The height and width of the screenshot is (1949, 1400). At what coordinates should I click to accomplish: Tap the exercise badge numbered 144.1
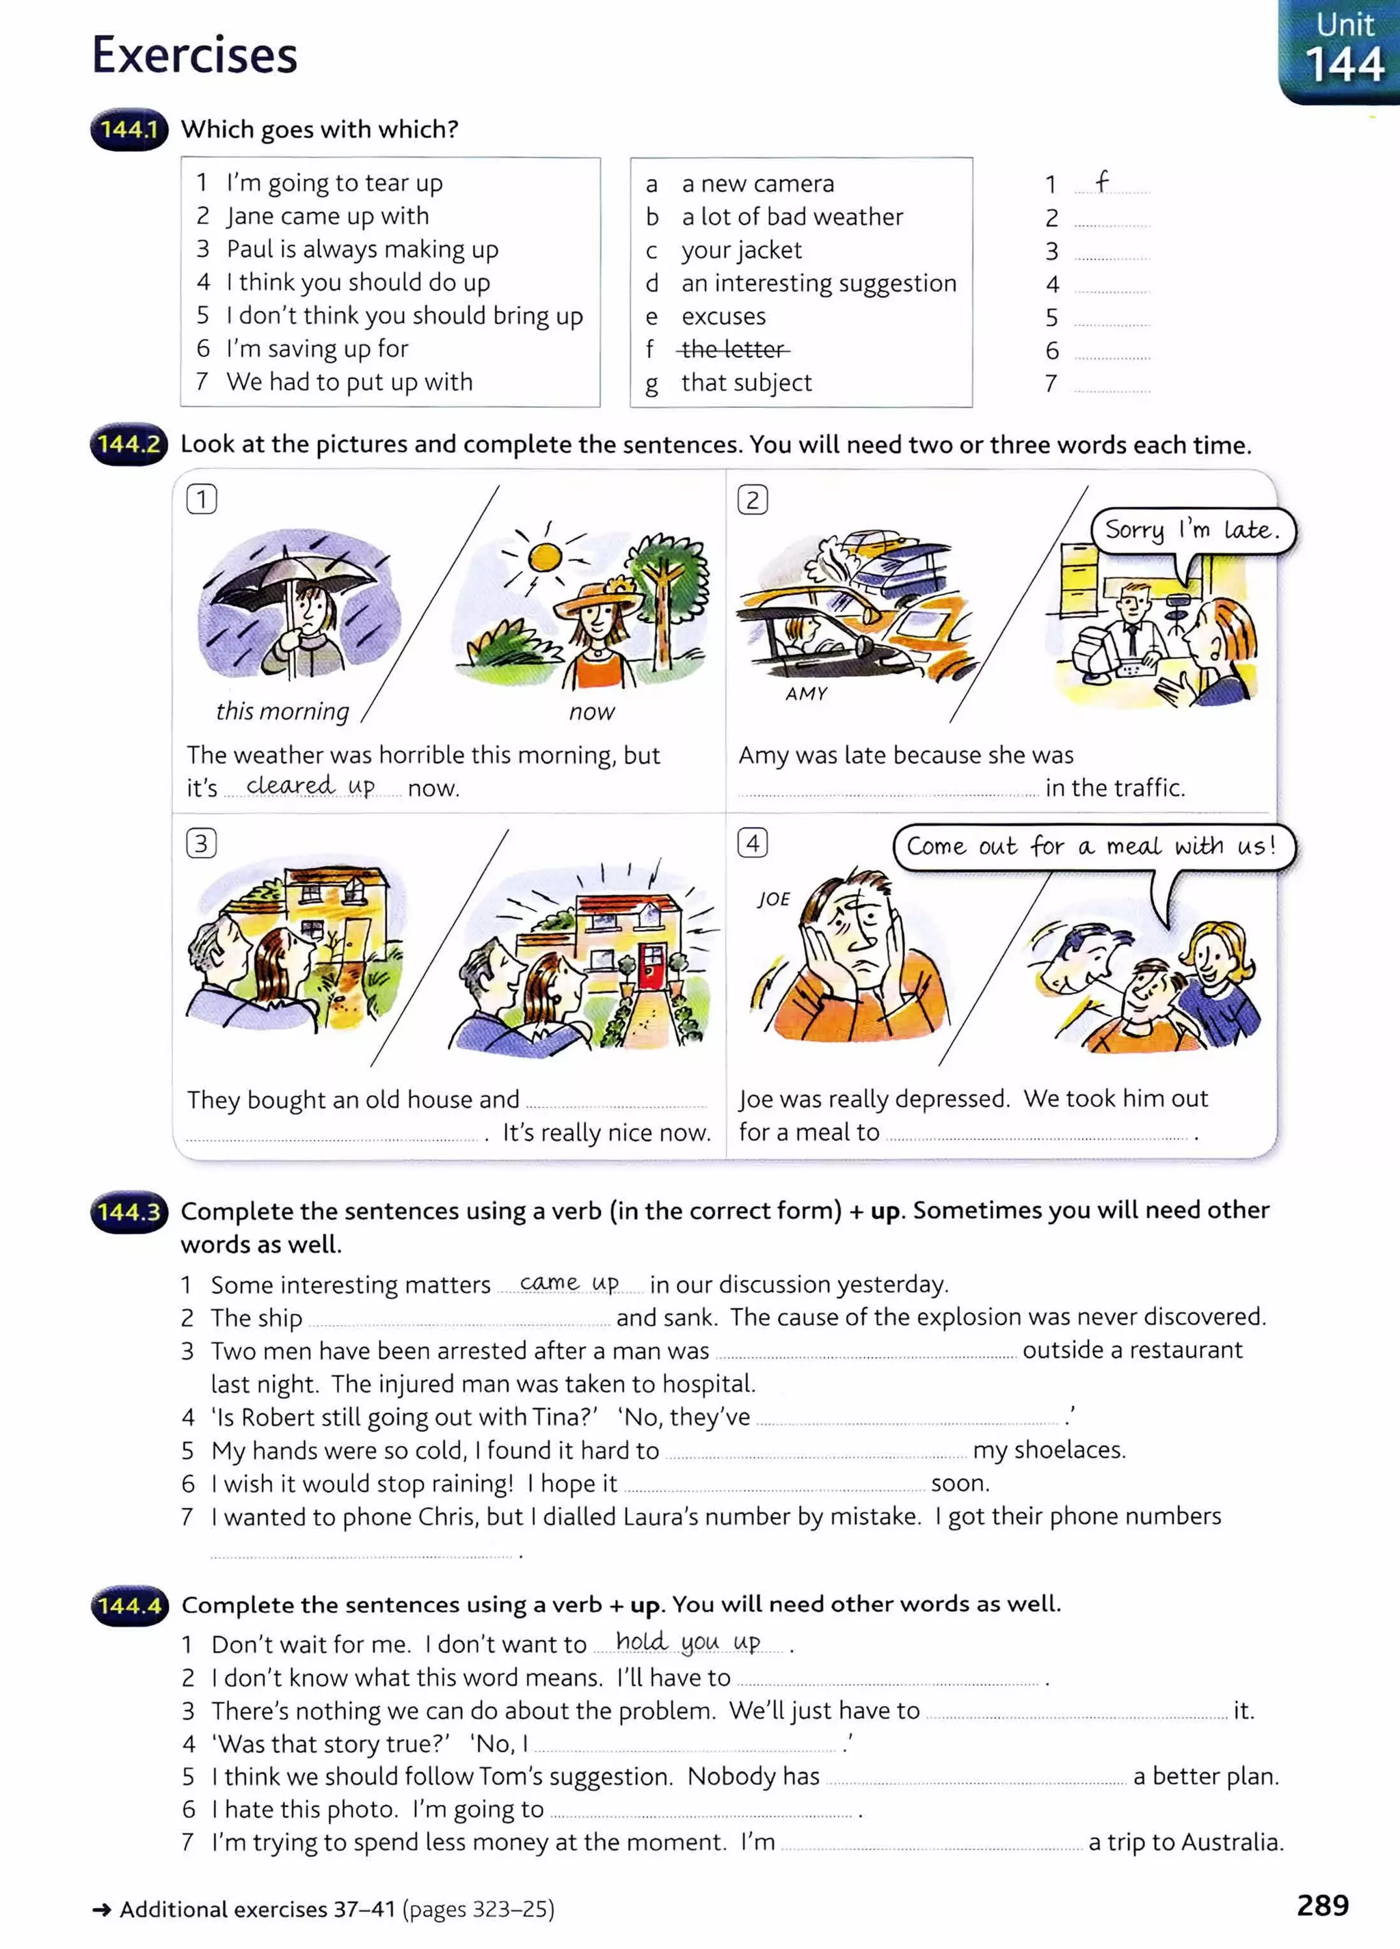pyautogui.click(x=129, y=130)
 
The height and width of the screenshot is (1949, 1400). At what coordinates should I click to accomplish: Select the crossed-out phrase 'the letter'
pyautogui.click(x=733, y=349)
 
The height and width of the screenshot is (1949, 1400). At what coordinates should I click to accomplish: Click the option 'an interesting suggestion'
pyautogui.click(x=818, y=283)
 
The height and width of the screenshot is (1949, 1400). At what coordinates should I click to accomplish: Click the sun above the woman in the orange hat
pyautogui.click(x=545, y=558)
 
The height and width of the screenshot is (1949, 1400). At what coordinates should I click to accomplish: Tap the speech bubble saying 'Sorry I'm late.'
pyautogui.click(x=1192, y=530)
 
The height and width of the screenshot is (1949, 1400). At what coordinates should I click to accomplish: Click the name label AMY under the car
pyautogui.click(x=806, y=694)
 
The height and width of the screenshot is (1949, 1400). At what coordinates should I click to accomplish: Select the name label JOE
pyautogui.click(x=773, y=899)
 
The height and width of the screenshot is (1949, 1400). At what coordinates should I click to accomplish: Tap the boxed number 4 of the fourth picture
pyautogui.click(x=752, y=843)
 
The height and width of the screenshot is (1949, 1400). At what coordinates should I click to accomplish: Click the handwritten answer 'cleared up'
pyautogui.click(x=310, y=785)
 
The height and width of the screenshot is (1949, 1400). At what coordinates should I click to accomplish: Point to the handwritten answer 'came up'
pyautogui.click(x=569, y=1283)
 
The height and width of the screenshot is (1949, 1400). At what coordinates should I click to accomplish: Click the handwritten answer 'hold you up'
pyautogui.click(x=688, y=1641)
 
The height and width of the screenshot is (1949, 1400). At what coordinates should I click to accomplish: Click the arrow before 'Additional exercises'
pyautogui.click(x=101, y=1909)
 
